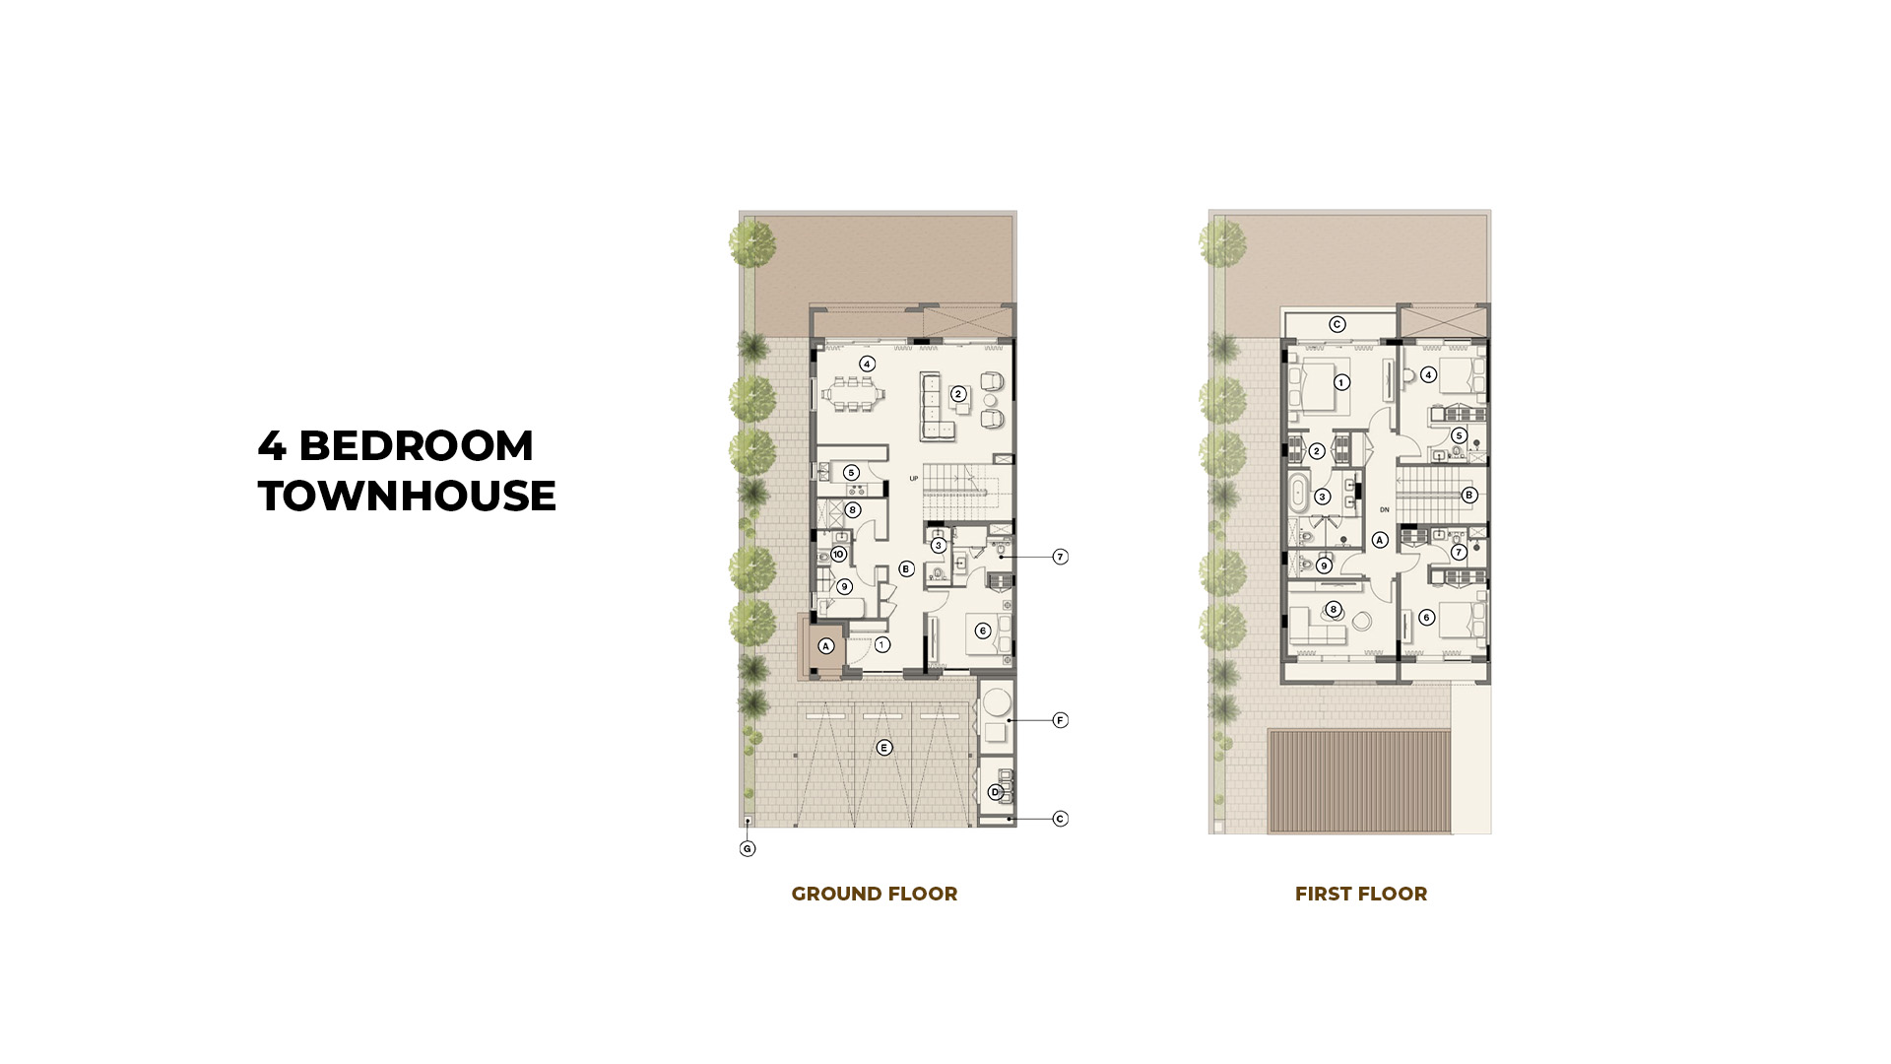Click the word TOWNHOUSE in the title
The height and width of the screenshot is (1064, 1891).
pyautogui.click(x=407, y=496)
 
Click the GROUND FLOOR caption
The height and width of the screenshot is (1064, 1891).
pyautogui.click(x=875, y=894)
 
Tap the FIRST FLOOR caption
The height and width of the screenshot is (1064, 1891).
pyautogui.click(x=1361, y=894)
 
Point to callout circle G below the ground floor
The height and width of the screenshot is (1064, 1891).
pyautogui.click(x=748, y=848)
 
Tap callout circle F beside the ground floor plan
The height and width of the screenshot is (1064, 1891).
pyautogui.click(x=1061, y=720)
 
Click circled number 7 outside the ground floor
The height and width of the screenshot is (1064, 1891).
pyautogui.click(x=1061, y=557)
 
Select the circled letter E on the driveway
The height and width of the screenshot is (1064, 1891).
pyautogui.click(x=884, y=748)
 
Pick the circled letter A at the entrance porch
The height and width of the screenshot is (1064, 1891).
pyautogui.click(x=826, y=646)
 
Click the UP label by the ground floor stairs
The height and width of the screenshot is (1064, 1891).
pyautogui.click(x=914, y=479)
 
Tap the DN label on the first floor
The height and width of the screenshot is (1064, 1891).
pyautogui.click(x=1385, y=509)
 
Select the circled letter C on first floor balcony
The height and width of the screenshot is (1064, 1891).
pyautogui.click(x=1337, y=324)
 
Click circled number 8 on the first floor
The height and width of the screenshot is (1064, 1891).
pyautogui.click(x=1334, y=609)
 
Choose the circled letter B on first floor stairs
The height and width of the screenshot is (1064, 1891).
pyautogui.click(x=1469, y=495)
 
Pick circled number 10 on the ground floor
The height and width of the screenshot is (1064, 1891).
pyautogui.click(x=838, y=555)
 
